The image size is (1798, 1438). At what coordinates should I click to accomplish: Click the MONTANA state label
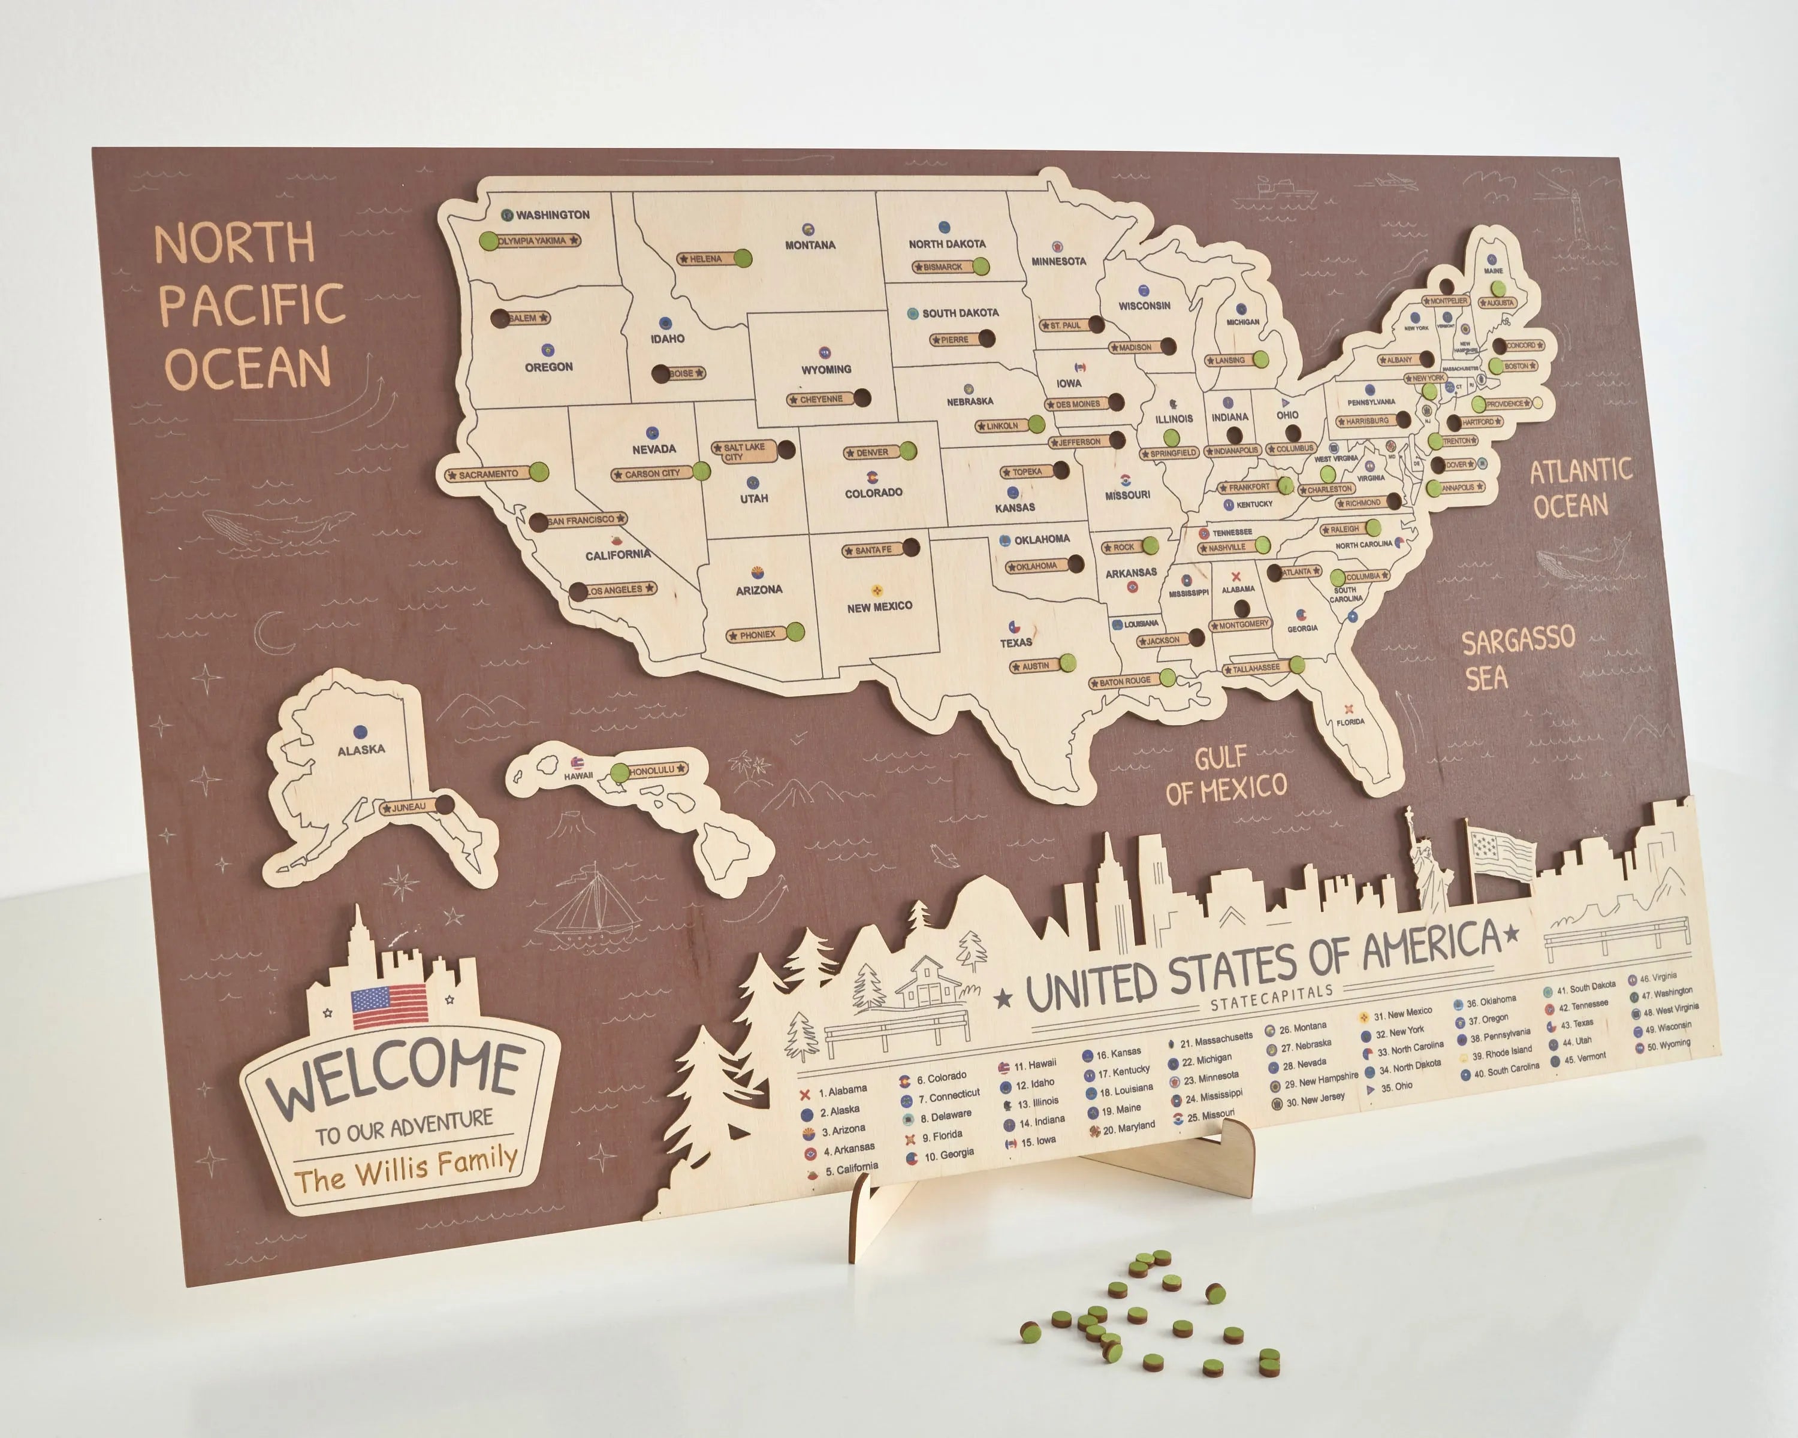click(810, 245)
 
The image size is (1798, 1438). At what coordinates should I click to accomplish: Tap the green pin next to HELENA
click(742, 258)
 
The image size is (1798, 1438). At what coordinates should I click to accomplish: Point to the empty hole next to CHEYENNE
click(862, 398)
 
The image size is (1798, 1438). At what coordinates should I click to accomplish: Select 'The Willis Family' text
click(406, 1169)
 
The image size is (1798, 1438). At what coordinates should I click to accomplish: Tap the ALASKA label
click(361, 750)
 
